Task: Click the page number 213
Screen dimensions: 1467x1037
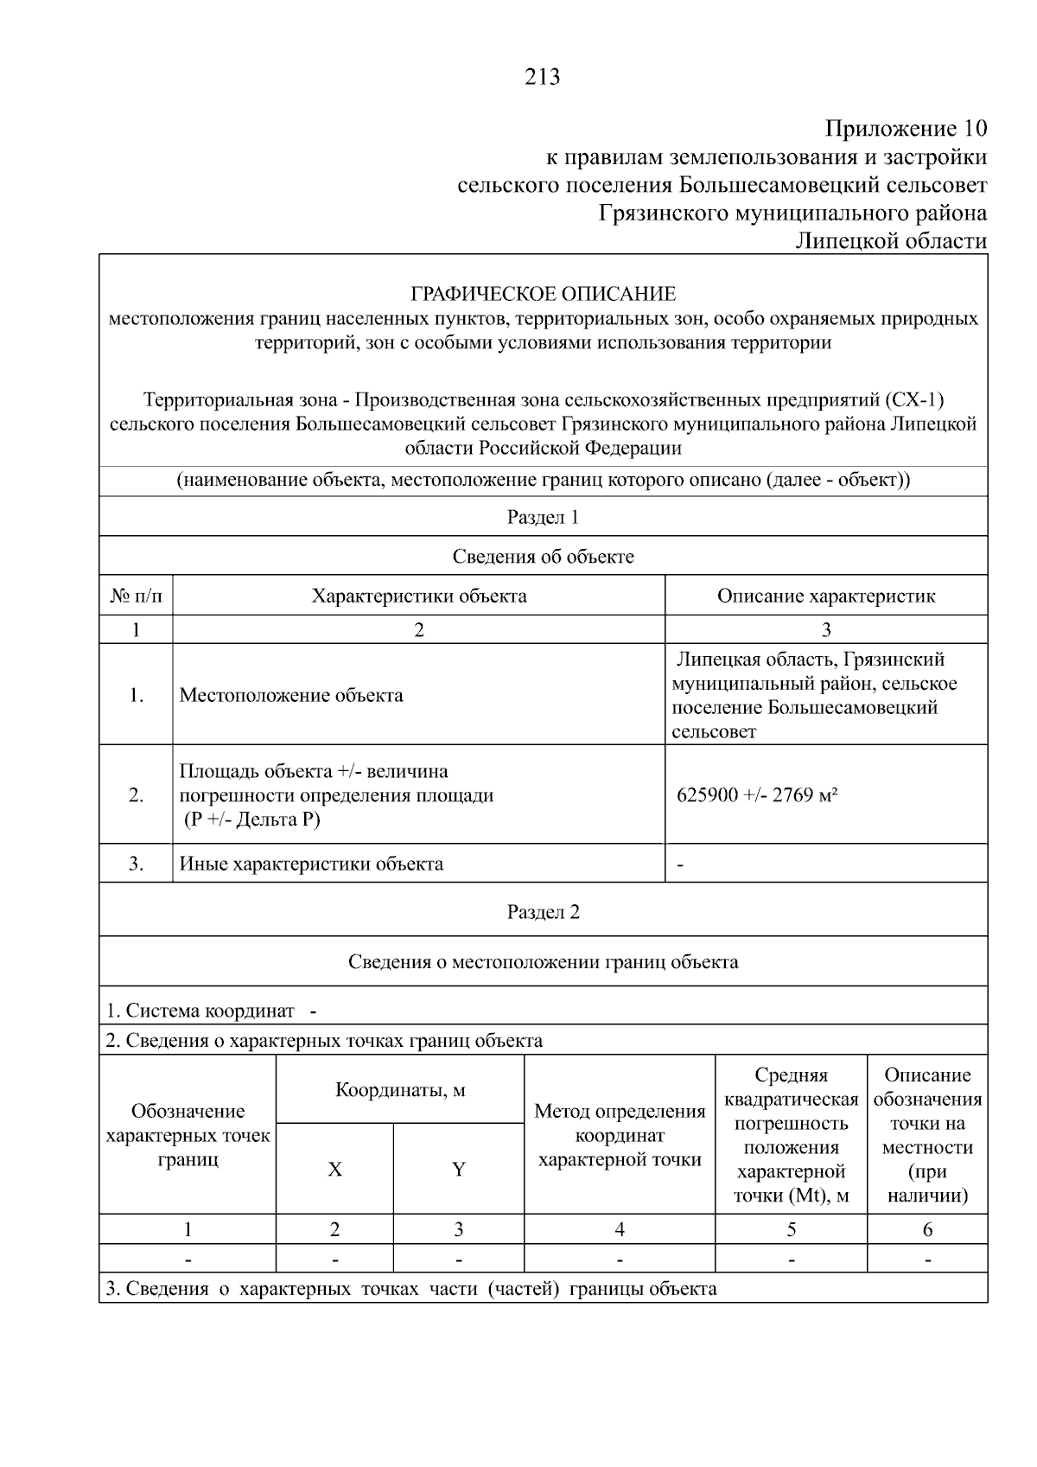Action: [543, 78]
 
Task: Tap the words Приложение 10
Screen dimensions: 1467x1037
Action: [906, 130]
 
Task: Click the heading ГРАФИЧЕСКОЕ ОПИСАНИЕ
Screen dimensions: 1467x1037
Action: [543, 294]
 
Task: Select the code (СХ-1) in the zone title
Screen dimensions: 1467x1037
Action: [914, 400]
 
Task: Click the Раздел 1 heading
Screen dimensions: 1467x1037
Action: [543, 518]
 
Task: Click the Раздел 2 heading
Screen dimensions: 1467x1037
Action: [543, 913]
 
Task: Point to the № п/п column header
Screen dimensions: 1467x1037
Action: [136, 596]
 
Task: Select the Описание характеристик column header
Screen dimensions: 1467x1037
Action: [825, 596]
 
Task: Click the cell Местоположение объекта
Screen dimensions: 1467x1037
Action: [291, 696]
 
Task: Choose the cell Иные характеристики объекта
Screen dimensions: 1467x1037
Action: [311, 864]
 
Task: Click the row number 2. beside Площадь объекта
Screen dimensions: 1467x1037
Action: [136, 795]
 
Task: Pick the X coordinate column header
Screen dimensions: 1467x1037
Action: [334, 1170]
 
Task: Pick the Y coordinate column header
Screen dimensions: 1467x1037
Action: [459, 1170]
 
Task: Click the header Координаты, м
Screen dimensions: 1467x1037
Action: [400, 1091]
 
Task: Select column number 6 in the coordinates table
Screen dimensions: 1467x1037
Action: [927, 1230]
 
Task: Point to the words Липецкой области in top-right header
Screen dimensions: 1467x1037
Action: [891, 241]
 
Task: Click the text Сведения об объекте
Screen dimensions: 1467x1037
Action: [543, 557]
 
